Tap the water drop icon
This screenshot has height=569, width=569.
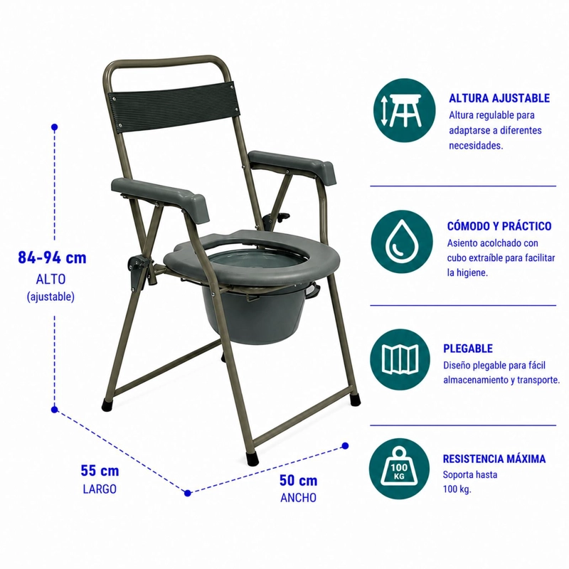click(402, 242)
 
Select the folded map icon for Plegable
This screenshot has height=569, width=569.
click(400, 359)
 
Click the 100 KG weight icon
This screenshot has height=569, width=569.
click(399, 469)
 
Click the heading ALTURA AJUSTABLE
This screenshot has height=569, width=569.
click(499, 98)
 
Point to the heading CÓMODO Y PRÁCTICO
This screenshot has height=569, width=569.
click(499, 226)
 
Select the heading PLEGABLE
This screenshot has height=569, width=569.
click(468, 349)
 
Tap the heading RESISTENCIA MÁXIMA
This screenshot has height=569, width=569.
click(494, 459)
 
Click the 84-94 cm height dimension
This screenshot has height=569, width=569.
click(52, 258)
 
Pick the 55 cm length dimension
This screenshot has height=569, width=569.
click(100, 471)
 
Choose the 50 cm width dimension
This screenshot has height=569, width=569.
click(298, 481)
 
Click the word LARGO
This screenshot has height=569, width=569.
click(100, 489)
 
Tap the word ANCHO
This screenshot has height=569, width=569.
click(298, 498)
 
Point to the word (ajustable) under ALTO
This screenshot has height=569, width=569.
click(50, 297)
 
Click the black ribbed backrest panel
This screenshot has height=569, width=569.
click(174, 104)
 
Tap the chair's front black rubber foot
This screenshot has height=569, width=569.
click(253, 458)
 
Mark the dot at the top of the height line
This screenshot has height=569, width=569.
click(55, 127)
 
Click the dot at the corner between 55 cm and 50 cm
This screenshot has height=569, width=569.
click(188, 493)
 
